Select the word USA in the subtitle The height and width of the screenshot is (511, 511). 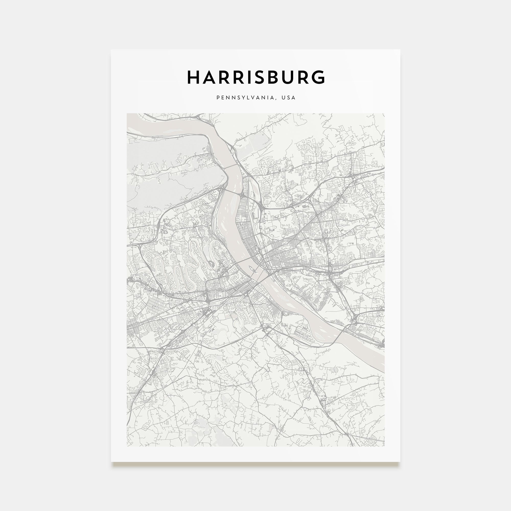click(288, 98)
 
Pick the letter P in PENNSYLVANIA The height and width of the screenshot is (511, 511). click(218, 98)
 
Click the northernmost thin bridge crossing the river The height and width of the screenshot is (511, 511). click(232, 166)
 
